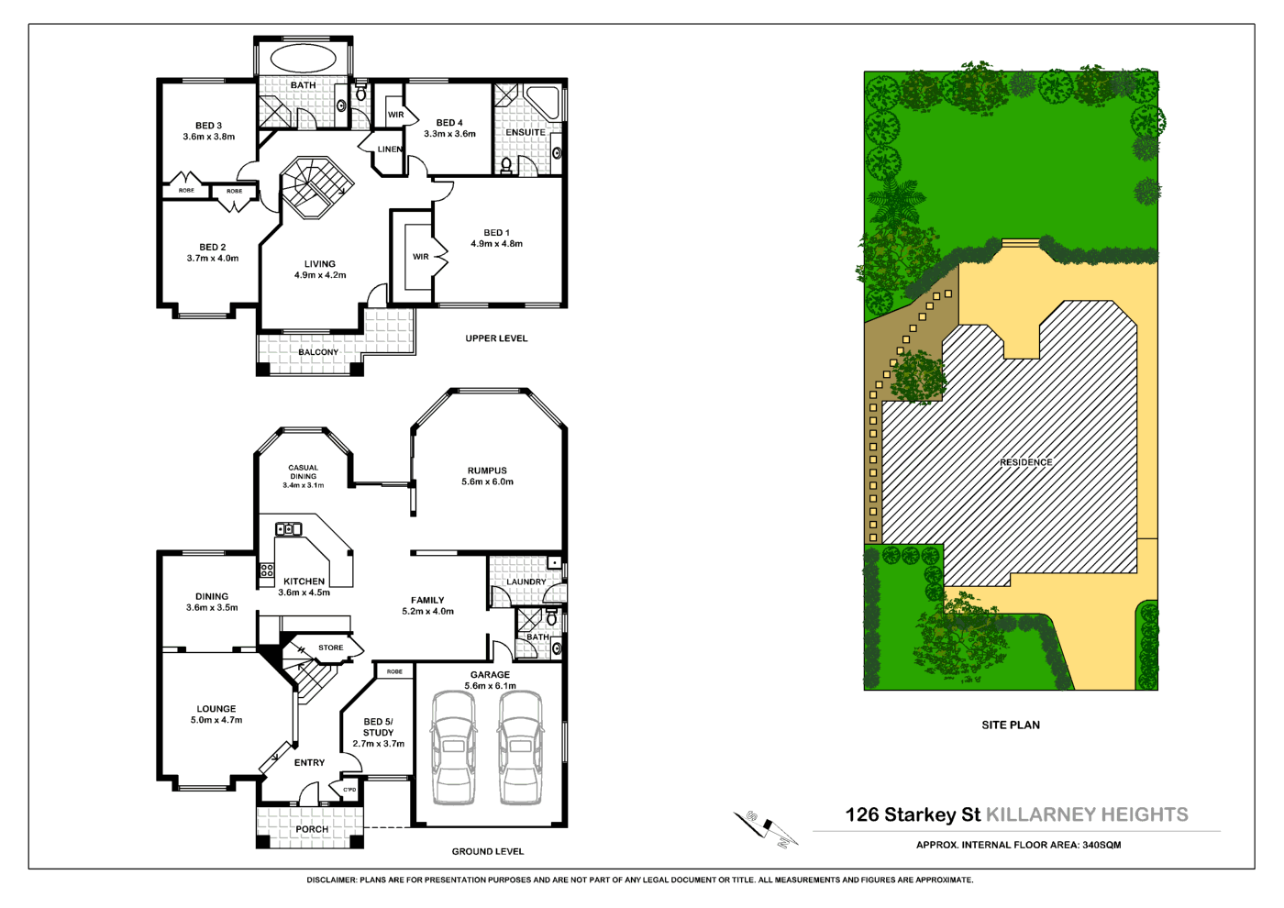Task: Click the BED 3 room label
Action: [x=208, y=126]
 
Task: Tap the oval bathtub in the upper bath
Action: [x=303, y=59]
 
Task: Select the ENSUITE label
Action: [x=526, y=132]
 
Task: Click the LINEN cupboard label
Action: [x=390, y=149]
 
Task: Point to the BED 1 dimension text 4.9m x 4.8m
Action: [x=496, y=244]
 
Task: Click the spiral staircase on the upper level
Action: [x=315, y=187]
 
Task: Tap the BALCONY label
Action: [x=318, y=352]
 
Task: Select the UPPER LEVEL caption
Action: [x=496, y=338]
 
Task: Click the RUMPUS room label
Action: [x=487, y=471]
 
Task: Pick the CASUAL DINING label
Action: [x=303, y=472]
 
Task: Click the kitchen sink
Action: [x=288, y=529]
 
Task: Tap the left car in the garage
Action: [x=453, y=747]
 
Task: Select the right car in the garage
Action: [x=520, y=747]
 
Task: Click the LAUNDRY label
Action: [x=526, y=581]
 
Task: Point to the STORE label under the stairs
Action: [x=330, y=648]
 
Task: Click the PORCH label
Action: [x=312, y=829]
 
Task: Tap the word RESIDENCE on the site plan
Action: [x=1025, y=462]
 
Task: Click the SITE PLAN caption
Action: [x=1011, y=725]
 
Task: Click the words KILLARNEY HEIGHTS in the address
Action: [x=1087, y=814]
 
